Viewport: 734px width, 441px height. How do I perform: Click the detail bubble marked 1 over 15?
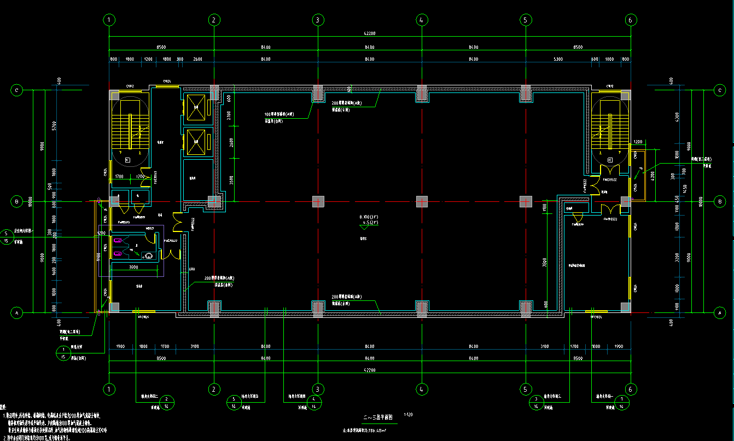[x=63, y=353]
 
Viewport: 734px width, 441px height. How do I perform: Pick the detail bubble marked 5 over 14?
[x=234, y=402]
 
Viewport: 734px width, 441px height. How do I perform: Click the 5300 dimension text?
[x=557, y=59]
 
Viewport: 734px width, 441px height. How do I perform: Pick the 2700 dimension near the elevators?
[x=229, y=115]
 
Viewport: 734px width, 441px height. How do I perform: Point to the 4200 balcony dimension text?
[x=652, y=176]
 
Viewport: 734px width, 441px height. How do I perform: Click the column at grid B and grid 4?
[x=421, y=201]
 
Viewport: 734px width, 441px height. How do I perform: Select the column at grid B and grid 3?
[x=317, y=201]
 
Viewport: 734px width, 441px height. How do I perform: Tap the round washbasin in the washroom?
[x=148, y=255]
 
